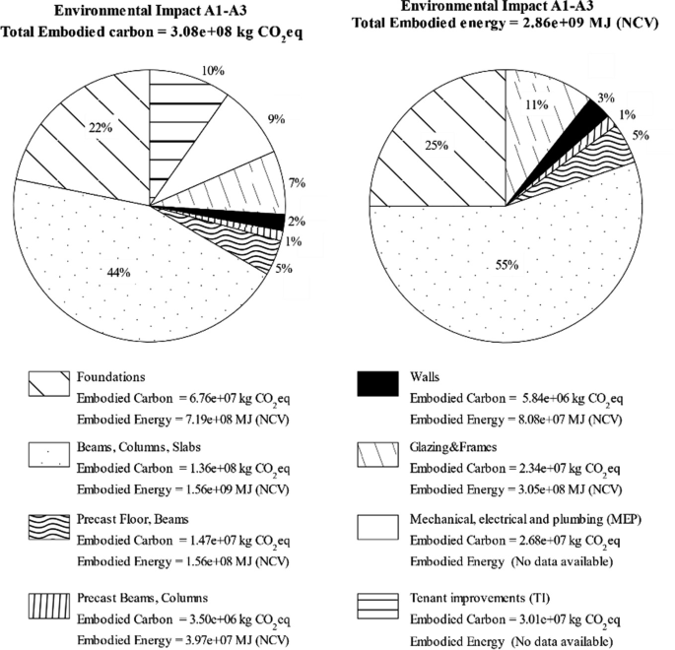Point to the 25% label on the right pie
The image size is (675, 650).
click(x=437, y=145)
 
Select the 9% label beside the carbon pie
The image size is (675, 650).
click(x=276, y=119)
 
